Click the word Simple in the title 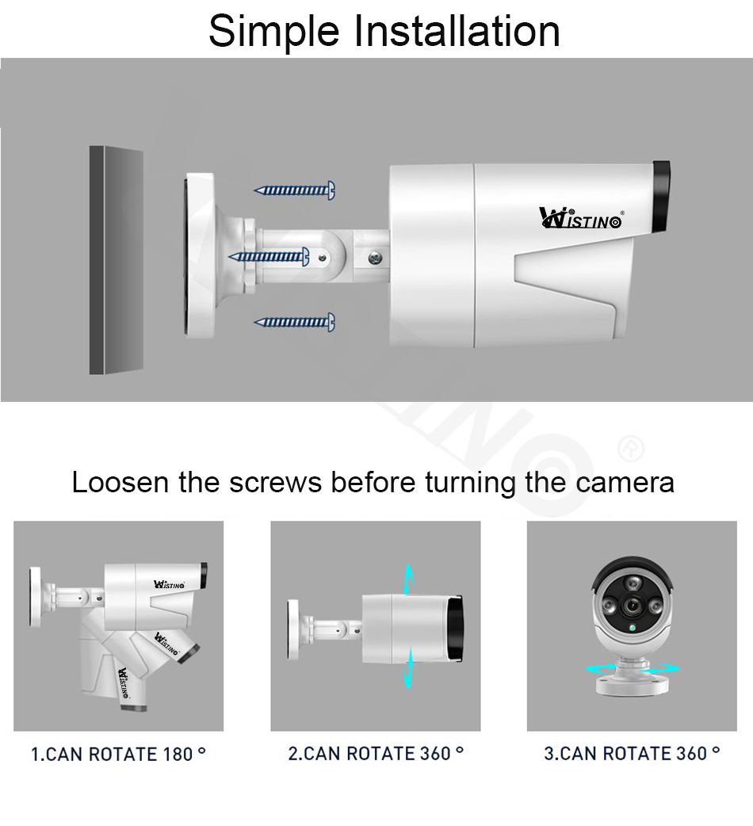point(274,32)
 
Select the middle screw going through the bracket point(269,256)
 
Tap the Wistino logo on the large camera point(580,218)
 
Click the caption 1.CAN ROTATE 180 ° point(118,754)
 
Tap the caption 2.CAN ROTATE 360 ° point(375,753)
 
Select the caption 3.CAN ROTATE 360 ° point(632,753)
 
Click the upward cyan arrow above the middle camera point(408,579)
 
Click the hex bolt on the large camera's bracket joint point(374,257)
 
